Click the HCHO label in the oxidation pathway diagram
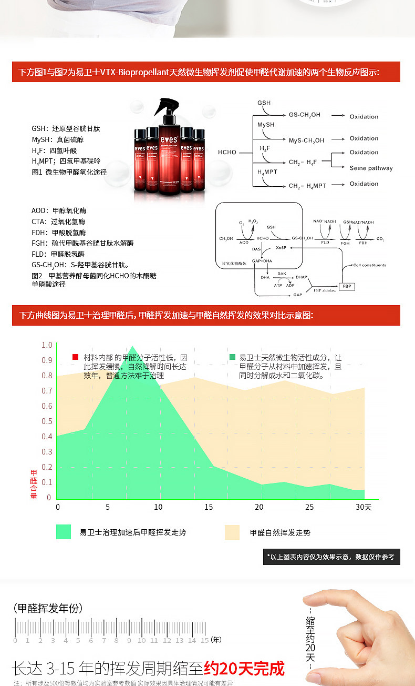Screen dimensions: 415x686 [227, 153]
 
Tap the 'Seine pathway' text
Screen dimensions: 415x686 [371, 168]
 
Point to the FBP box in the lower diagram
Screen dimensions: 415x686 [347, 286]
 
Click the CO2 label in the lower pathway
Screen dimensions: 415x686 [380, 239]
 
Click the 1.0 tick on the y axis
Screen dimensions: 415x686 [47, 345]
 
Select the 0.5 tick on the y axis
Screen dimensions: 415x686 [47, 421]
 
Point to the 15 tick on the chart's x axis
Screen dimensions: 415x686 [209, 507]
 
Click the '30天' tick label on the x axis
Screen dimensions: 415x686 [363, 507]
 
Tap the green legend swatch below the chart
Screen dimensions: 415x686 [64, 532]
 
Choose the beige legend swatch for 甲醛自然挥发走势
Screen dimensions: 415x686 [232, 532]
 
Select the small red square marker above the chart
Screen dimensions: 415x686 [75, 357]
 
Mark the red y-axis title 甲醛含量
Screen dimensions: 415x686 [34, 484]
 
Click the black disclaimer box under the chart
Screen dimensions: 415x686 [331, 557]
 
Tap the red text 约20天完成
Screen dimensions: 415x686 [244, 668]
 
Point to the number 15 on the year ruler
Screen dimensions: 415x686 [205, 640]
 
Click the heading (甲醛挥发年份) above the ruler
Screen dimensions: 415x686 [48, 608]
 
